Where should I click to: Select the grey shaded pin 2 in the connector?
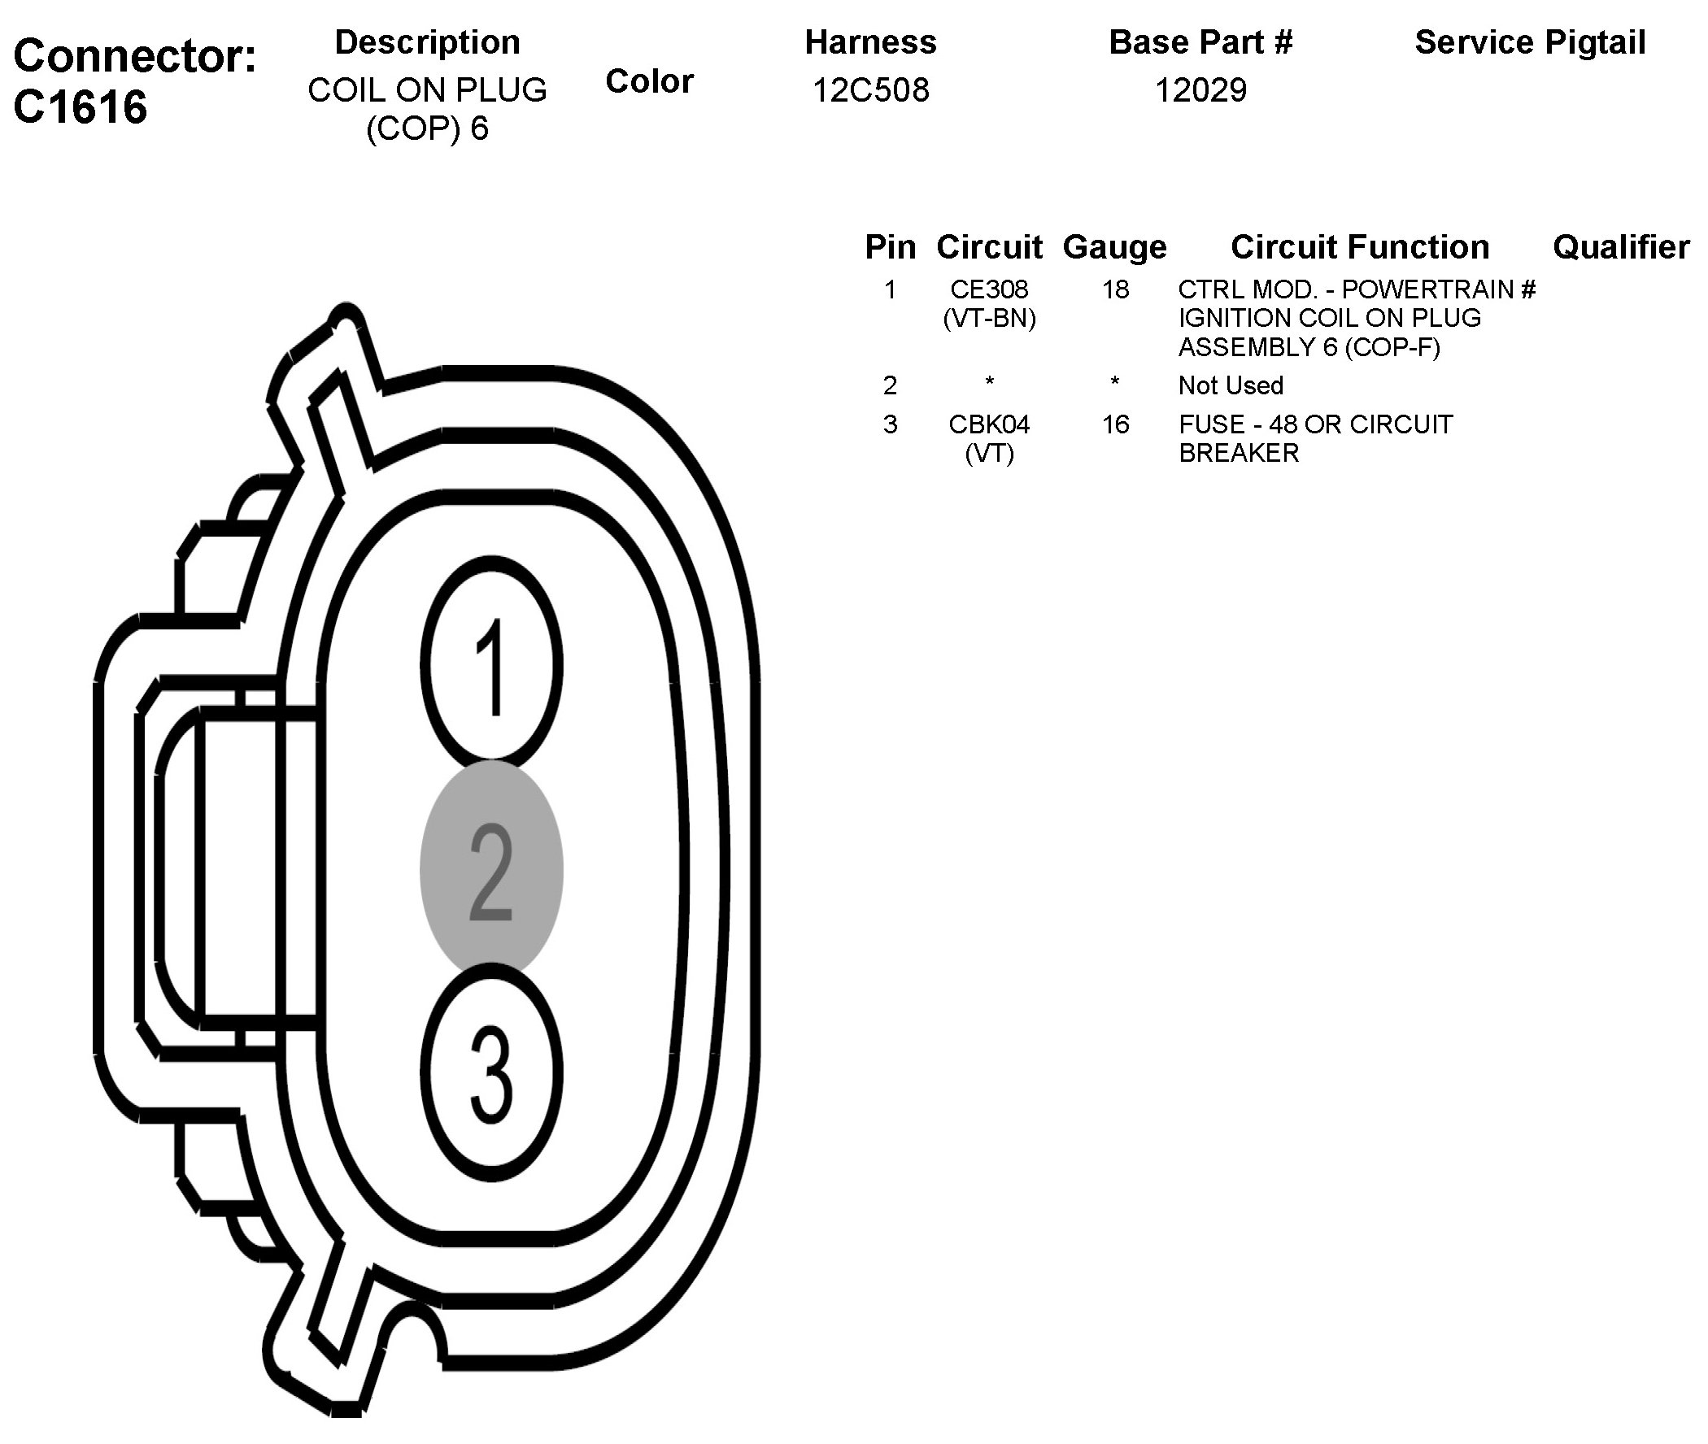[x=491, y=870]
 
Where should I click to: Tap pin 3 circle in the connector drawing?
[x=491, y=1072]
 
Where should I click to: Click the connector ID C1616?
[x=81, y=107]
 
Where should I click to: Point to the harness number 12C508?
[x=870, y=90]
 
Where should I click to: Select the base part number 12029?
[x=1200, y=90]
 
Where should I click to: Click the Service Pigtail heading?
[x=1530, y=42]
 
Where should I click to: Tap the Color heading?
[x=649, y=81]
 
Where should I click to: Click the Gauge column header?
[x=1114, y=247]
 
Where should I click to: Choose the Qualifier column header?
[x=1621, y=247]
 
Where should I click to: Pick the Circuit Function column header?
[x=1359, y=247]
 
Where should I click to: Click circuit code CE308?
[x=989, y=289]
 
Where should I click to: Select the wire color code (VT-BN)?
[x=989, y=318]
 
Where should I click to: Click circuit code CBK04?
[x=989, y=424]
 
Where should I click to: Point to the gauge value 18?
[x=1115, y=289]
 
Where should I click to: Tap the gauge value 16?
[x=1115, y=424]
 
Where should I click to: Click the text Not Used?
[x=1231, y=385]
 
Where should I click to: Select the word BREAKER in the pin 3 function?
[x=1239, y=453]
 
